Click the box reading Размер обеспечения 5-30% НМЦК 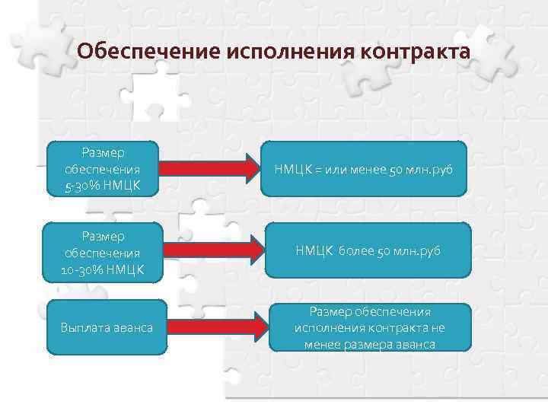coord(102,168)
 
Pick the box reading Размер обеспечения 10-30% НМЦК coord(102,250)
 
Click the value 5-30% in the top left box coord(82,183)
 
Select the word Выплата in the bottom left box coord(81,328)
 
